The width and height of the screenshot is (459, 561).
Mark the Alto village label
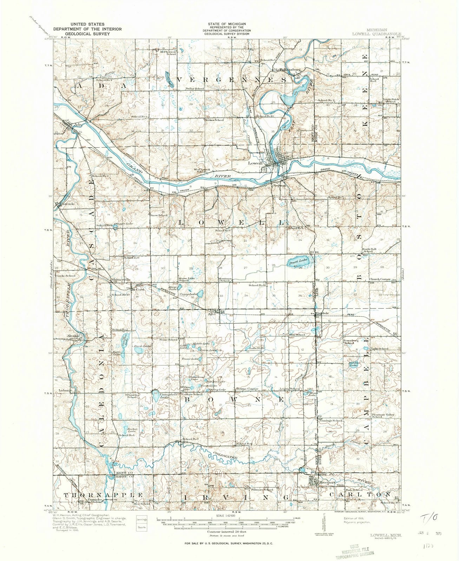[212, 314]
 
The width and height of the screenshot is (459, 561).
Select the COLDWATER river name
[227, 457]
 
